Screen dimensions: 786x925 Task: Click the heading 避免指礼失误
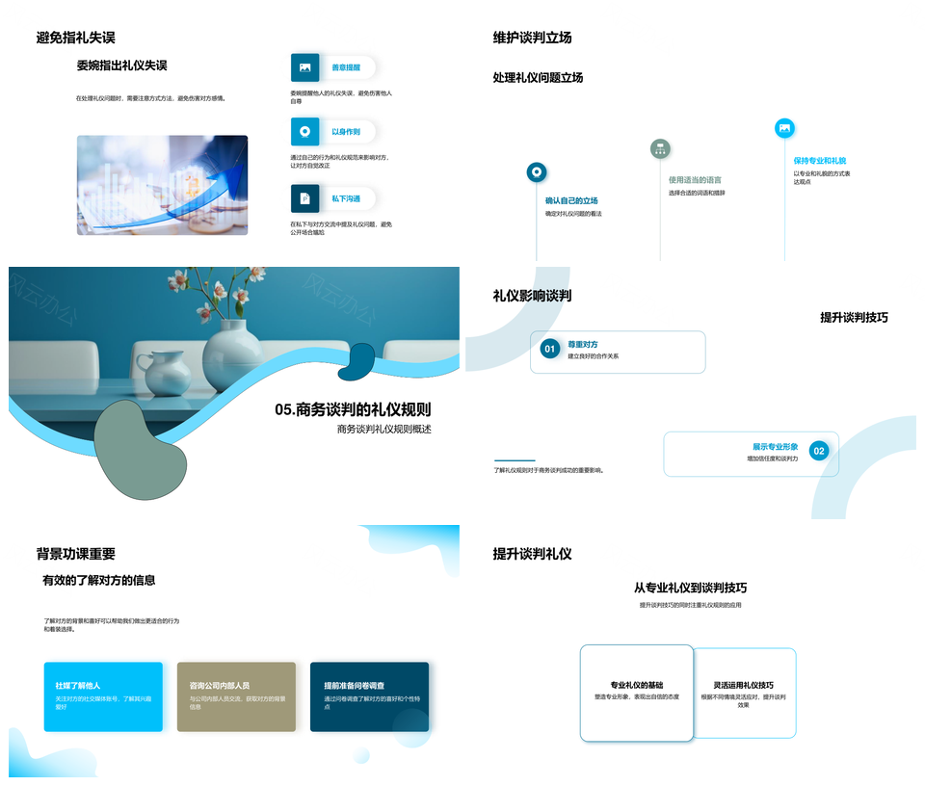[x=75, y=38]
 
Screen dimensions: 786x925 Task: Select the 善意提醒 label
[x=345, y=67]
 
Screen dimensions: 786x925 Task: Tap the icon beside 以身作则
[x=304, y=132]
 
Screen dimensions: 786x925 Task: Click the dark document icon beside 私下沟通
[x=304, y=198]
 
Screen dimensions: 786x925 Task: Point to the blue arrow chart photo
[x=162, y=185]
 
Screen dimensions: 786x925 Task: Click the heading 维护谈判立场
[x=532, y=38]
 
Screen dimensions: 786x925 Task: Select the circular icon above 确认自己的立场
[x=537, y=172]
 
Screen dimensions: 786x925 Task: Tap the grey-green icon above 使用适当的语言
[x=660, y=148]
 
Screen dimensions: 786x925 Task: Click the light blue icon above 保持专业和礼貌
[x=784, y=128]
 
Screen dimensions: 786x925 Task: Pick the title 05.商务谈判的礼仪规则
[x=353, y=409]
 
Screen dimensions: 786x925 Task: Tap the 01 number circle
[x=549, y=349]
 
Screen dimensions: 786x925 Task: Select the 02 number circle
[x=818, y=451]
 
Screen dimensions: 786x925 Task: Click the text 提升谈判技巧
[x=854, y=317]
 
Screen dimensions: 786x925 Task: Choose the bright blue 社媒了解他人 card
[x=103, y=696]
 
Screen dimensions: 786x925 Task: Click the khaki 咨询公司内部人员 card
[x=236, y=696]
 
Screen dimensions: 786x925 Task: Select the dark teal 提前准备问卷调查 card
[x=369, y=696]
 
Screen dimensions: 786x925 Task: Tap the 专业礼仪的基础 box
[x=636, y=693]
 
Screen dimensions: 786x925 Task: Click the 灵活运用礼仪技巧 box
[x=746, y=693]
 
